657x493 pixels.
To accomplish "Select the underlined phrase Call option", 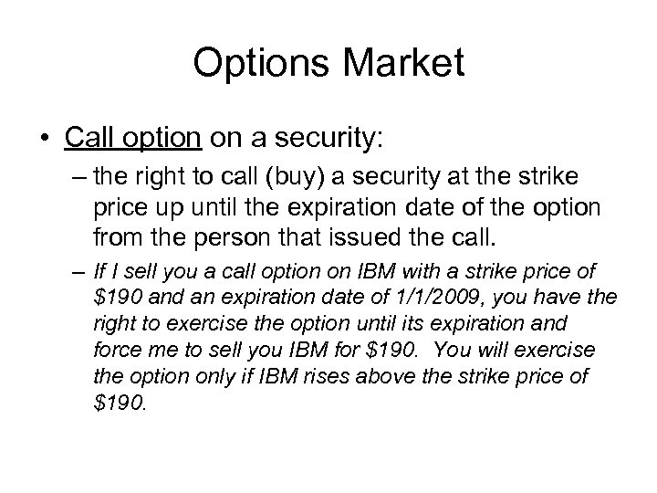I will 133,139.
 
